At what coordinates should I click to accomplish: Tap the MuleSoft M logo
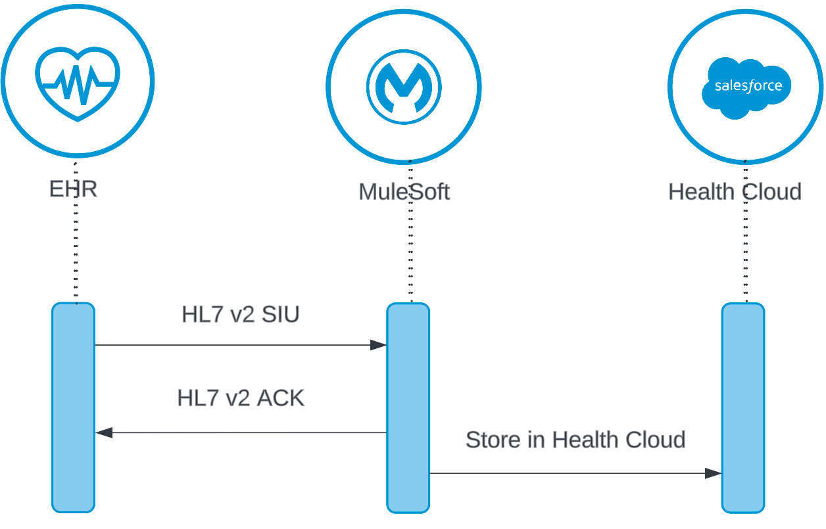(x=404, y=87)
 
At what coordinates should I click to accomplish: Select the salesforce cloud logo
(x=746, y=87)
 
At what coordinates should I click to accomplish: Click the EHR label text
(x=73, y=189)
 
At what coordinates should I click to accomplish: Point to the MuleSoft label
(x=404, y=192)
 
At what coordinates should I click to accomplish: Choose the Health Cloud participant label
(x=735, y=192)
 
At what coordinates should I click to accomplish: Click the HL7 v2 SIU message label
(x=240, y=315)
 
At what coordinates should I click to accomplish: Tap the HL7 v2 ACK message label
(x=241, y=398)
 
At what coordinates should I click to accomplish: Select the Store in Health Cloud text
(x=575, y=439)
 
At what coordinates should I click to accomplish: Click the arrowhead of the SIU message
(x=378, y=345)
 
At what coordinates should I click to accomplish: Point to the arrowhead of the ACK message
(x=104, y=432)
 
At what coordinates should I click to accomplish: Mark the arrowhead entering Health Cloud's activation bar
(x=713, y=473)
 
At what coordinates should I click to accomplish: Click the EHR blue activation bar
(x=74, y=407)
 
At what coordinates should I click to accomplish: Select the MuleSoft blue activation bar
(x=408, y=407)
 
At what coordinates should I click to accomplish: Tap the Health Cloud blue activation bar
(x=743, y=407)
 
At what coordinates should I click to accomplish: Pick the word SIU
(x=281, y=315)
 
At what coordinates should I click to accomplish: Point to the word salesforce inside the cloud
(x=748, y=86)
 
